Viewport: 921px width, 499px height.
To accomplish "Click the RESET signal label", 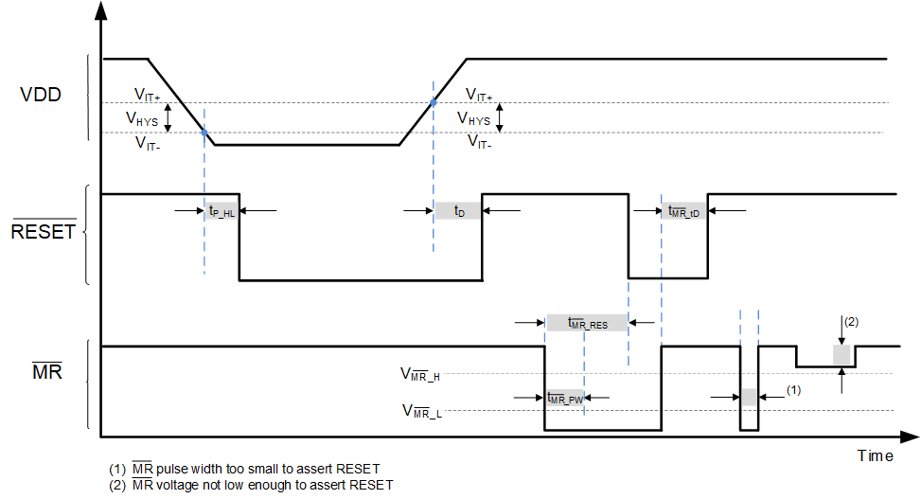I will [x=44, y=231].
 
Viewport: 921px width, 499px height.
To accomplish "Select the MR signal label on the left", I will [x=47, y=371].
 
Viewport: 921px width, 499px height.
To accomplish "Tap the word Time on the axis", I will [x=875, y=455].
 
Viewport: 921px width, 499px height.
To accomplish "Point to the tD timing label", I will [x=459, y=211].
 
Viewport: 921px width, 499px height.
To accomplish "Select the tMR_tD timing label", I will [x=683, y=212].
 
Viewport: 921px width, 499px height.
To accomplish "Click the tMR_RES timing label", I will [x=588, y=323].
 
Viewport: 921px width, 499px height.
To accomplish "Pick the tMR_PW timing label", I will [x=565, y=398].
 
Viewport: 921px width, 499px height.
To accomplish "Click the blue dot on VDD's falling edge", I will [x=204, y=133].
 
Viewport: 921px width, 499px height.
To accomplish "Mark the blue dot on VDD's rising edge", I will [x=434, y=102].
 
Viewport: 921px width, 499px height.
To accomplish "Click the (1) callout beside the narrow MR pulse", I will [x=794, y=389].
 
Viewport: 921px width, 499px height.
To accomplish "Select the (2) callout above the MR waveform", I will [x=851, y=322].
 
